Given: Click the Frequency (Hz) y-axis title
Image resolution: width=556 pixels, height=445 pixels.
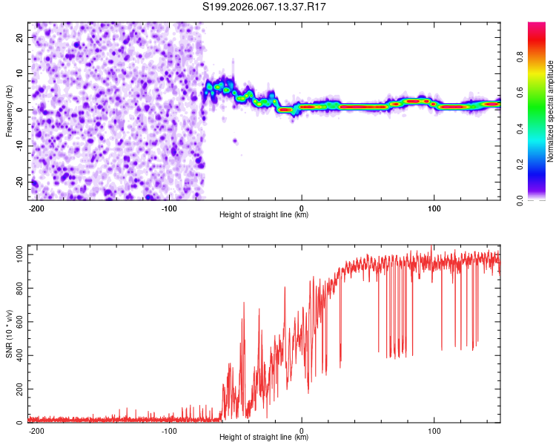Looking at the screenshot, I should pyautogui.click(x=9, y=111).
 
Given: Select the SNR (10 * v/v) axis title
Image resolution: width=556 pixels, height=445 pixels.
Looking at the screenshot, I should pyautogui.click(x=9, y=334).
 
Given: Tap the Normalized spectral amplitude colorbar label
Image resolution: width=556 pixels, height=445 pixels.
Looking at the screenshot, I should pyautogui.click(x=550, y=111).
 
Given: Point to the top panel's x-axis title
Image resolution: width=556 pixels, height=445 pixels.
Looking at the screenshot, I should pyautogui.click(x=264, y=214).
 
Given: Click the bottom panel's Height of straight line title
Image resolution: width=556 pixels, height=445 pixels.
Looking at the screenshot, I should pyautogui.click(x=264, y=437).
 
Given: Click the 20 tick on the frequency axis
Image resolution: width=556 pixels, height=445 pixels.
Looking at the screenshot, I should pyautogui.click(x=20, y=36).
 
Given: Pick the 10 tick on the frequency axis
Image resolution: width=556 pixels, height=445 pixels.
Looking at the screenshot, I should pyautogui.click(x=20, y=73).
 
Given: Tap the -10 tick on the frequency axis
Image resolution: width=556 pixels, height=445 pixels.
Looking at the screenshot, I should pyautogui.click(x=19, y=145).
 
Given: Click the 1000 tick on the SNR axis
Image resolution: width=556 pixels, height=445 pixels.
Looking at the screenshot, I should pyautogui.click(x=16, y=254).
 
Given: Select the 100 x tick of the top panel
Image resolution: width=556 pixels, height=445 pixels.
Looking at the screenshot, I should pyautogui.click(x=434, y=207).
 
